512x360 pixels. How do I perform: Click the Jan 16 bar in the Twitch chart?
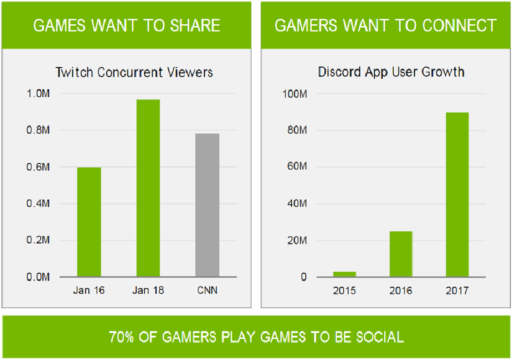(89, 222)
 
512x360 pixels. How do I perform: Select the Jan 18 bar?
(148, 188)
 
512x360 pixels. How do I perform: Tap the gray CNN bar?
(207, 205)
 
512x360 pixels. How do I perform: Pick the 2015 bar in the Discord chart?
(344, 274)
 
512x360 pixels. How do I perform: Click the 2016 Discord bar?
(401, 254)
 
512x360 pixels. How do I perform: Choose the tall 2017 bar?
(457, 194)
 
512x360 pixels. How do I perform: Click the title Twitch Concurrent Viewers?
(134, 72)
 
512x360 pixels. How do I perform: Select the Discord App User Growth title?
(391, 72)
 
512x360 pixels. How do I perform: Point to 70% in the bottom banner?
(122, 336)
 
